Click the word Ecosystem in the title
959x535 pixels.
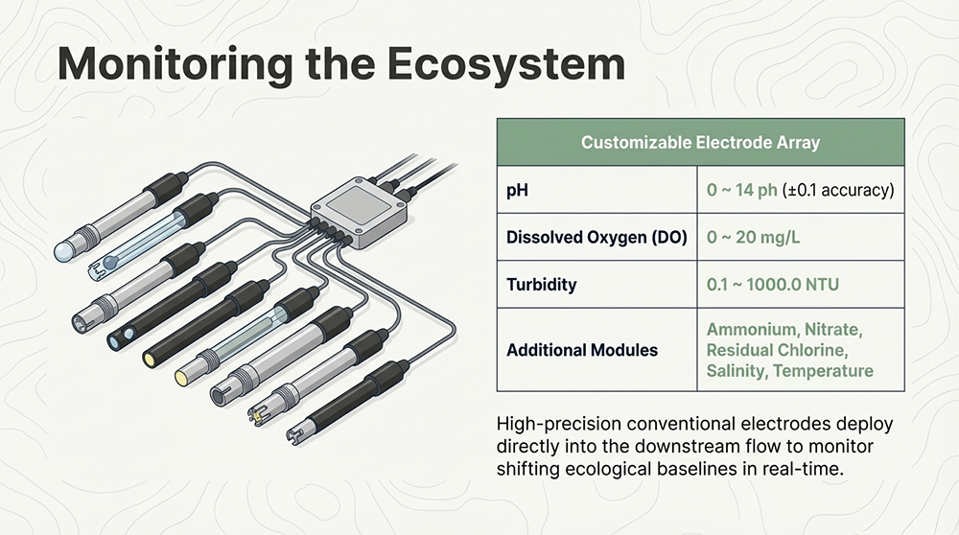(x=505, y=65)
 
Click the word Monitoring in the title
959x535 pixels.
(x=175, y=65)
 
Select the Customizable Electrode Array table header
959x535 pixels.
(x=700, y=143)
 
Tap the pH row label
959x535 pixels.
(x=518, y=190)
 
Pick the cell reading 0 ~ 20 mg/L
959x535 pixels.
(x=753, y=237)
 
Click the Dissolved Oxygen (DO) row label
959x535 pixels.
(x=596, y=237)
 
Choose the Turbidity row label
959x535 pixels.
(x=541, y=285)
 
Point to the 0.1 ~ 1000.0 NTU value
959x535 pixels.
(x=772, y=285)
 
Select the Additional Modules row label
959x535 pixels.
(x=582, y=350)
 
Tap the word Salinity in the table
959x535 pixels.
(x=737, y=371)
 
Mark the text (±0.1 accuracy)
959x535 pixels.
(x=838, y=190)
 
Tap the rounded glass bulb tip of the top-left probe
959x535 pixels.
(x=63, y=250)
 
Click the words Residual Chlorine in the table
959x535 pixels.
(x=777, y=350)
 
